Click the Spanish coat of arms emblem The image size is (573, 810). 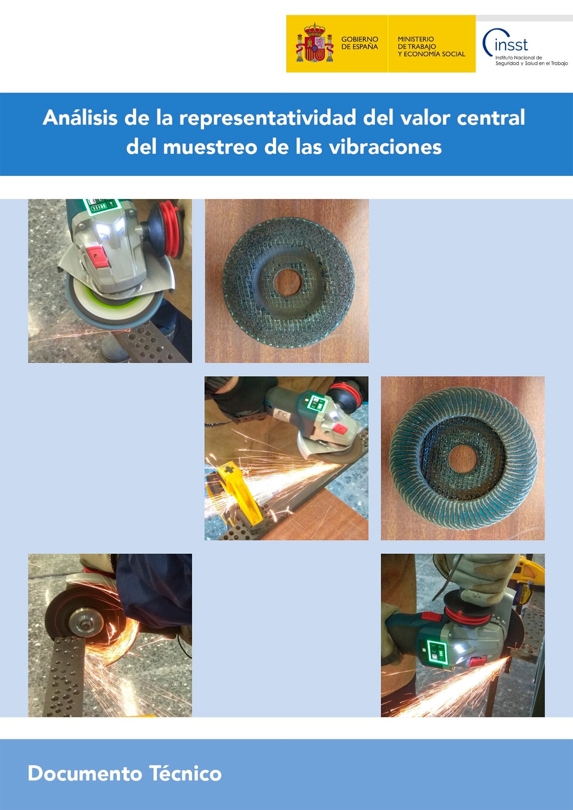(315, 43)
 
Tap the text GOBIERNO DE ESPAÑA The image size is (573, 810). (360, 43)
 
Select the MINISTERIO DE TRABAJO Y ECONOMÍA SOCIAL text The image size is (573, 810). (431, 47)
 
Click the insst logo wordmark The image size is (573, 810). (511, 45)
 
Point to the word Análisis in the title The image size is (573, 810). (80, 118)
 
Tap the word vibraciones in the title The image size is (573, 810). (385, 147)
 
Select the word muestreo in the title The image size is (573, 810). (210, 147)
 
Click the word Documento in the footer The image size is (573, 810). (85, 773)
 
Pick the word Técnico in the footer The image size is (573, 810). (185, 773)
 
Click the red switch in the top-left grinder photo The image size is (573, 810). (98, 257)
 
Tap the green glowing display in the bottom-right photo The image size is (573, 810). (436, 652)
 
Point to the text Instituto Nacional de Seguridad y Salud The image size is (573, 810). (531, 61)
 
